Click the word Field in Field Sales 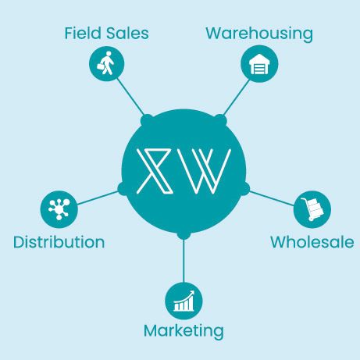coord(83,33)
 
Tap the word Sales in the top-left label coord(127,33)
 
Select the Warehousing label coord(259,34)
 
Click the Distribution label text coord(59,242)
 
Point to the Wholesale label coord(312,242)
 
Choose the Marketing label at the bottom coord(184,331)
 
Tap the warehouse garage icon coord(259,64)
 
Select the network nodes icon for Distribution coord(59,209)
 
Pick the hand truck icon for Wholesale coord(312,209)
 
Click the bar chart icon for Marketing coord(184,301)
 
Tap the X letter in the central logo coord(155,171)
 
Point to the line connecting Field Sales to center coord(130,96)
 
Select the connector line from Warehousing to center coord(237,98)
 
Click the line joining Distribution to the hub coord(98,198)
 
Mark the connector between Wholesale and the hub coord(272,198)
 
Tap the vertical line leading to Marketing coord(184,261)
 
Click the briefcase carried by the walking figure coord(101,66)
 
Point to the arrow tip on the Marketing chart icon coord(193,292)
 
